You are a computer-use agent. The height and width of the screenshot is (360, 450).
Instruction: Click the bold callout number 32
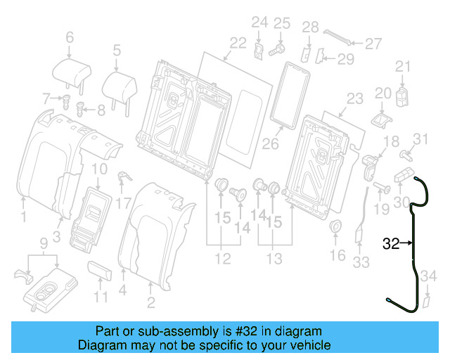pos(390,244)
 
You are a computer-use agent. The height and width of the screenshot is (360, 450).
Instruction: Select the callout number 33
pos(361,262)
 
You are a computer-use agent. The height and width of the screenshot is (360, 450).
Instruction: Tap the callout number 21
pos(401,67)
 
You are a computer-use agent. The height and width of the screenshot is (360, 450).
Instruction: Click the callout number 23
pos(354,99)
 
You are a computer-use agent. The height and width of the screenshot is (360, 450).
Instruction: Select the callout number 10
pos(99,169)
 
